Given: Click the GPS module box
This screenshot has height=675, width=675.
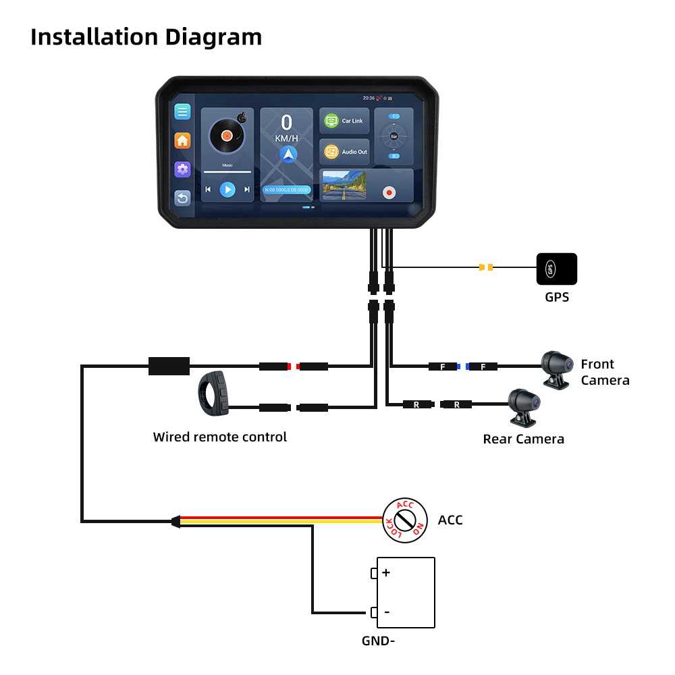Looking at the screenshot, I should tap(556, 269).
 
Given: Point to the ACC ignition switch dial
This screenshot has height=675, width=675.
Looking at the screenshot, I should tap(404, 520).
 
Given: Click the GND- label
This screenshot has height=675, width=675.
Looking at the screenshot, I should tap(378, 641).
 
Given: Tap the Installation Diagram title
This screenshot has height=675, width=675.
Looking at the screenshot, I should tap(146, 36).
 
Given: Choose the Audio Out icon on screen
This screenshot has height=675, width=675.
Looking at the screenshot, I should tap(331, 152).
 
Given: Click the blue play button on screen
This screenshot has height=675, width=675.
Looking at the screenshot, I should tap(228, 190).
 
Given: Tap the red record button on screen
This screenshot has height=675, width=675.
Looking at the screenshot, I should tap(389, 192).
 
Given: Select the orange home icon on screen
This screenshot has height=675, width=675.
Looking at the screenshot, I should tap(182, 140).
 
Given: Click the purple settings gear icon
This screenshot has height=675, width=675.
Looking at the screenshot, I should tap(182, 169).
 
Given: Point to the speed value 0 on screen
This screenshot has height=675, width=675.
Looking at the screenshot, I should tap(287, 123).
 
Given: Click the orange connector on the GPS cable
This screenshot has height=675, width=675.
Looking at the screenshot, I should tap(485, 268).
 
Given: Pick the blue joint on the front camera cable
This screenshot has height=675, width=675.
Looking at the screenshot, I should tap(463, 367).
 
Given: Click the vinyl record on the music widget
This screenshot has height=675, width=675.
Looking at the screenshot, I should tap(227, 136).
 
